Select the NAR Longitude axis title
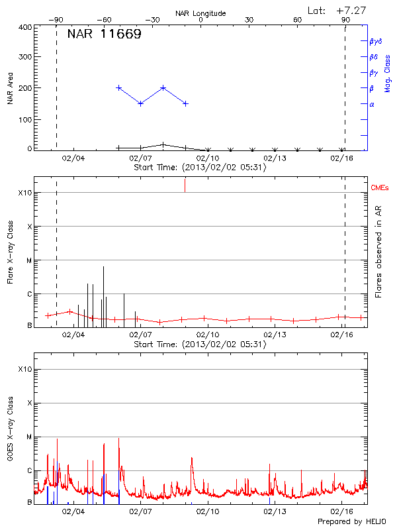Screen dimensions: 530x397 click(x=200, y=13)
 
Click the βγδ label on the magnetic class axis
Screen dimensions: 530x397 click(x=375, y=41)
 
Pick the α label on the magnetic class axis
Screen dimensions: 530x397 click(x=372, y=104)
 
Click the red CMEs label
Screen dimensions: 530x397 click(x=379, y=189)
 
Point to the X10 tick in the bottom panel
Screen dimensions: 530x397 click(x=25, y=369)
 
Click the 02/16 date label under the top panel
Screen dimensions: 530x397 click(x=342, y=158)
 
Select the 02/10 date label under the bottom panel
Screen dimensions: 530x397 click(x=208, y=511)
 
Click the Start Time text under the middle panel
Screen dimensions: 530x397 click(x=200, y=344)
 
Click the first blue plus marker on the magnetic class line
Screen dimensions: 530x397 click(x=118, y=87)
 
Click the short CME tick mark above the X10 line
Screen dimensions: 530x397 click(x=185, y=185)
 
